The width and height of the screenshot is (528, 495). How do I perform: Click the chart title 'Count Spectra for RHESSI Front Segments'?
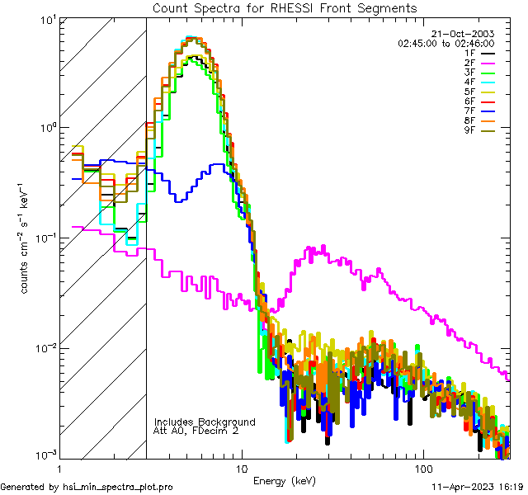[285, 7]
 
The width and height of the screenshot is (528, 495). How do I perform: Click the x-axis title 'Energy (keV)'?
[285, 480]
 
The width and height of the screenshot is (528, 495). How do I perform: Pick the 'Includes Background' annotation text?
[205, 422]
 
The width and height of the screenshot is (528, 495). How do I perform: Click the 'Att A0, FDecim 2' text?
[196, 431]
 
